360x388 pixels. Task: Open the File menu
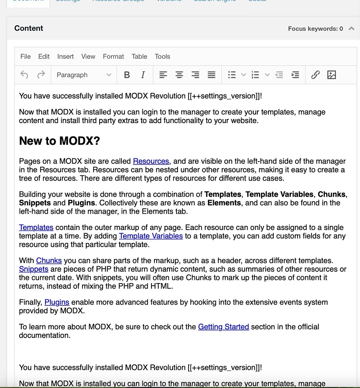25,56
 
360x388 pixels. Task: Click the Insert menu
65,56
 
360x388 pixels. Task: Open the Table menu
139,56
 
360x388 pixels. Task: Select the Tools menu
162,56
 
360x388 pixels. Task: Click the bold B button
127,75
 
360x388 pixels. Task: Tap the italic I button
143,75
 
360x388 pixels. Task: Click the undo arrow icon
25,75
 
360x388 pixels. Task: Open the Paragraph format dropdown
84,75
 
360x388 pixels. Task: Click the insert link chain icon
315,75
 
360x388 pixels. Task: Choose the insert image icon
332,75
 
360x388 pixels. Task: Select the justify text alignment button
212,75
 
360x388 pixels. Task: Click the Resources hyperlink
151,161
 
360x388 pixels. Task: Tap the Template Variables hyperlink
151,236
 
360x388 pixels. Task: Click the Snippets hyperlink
34,269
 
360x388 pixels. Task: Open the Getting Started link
223,327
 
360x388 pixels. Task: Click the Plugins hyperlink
57,302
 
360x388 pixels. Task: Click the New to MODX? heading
59,141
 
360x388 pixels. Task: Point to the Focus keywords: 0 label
315,29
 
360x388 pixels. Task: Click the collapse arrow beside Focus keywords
351,28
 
